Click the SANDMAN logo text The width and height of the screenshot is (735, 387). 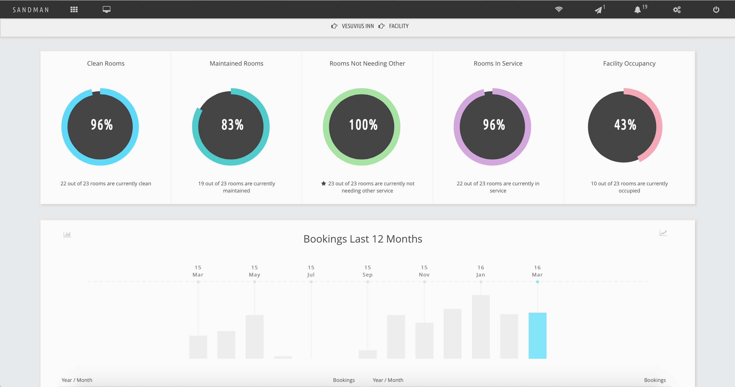click(31, 10)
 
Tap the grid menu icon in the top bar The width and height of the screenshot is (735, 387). click(74, 10)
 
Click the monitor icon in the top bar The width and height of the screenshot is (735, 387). click(106, 9)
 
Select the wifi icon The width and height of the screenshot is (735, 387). click(559, 9)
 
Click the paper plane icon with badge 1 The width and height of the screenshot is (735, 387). click(598, 10)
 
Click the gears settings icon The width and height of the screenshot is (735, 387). click(677, 10)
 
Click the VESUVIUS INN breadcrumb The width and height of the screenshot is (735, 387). click(358, 26)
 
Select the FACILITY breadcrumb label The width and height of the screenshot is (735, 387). click(399, 26)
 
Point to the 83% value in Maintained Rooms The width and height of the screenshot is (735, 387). click(232, 125)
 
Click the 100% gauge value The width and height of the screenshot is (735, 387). click(363, 125)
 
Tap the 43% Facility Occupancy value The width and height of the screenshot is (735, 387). click(625, 125)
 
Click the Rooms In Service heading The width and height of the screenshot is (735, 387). click(498, 63)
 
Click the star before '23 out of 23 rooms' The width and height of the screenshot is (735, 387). click(324, 183)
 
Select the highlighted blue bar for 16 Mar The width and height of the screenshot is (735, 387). click(537, 336)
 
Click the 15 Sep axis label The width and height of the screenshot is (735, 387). click(367, 271)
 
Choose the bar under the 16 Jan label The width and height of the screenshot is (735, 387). click(481, 327)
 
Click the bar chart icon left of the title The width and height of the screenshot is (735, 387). click(67, 234)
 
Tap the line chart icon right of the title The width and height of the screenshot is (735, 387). click(663, 233)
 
